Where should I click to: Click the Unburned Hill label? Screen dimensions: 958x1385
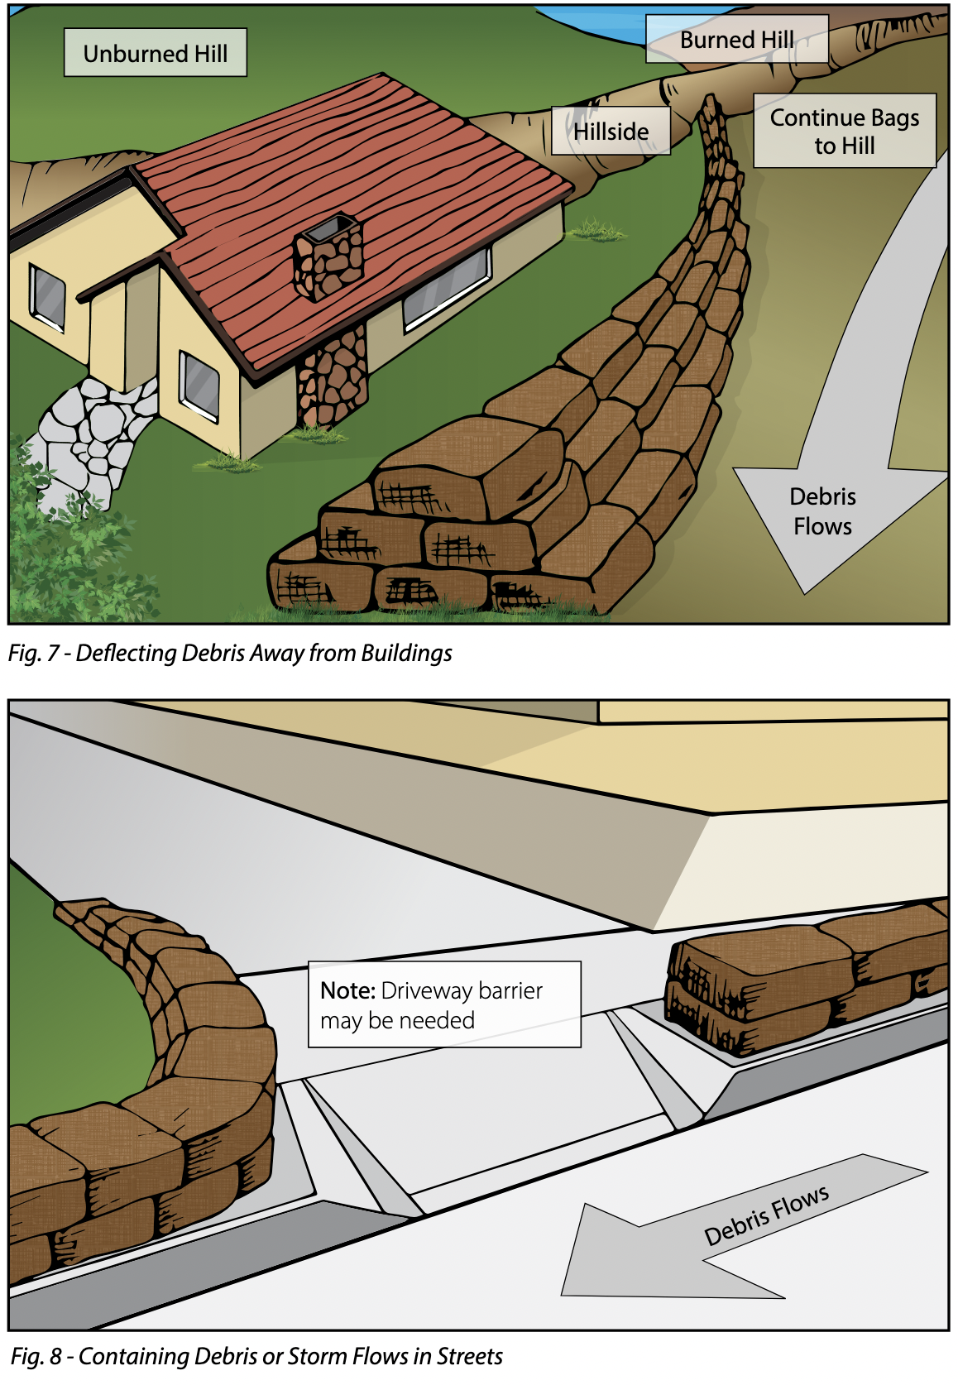(156, 53)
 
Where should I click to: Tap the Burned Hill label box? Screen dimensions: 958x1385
(737, 39)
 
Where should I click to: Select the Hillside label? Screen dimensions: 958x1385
(611, 131)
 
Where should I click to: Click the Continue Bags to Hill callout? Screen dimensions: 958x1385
(845, 131)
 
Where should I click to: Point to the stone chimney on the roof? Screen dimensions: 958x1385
(328, 256)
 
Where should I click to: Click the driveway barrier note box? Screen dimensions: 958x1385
(444, 1004)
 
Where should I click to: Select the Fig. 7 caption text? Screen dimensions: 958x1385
(230, 653)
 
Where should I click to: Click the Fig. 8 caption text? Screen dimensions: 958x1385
(256, 1356)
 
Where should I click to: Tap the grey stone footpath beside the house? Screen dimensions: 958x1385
(93, 439)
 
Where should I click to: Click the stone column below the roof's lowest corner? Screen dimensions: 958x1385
(332, 377)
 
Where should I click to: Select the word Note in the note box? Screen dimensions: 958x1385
(348, 990)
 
